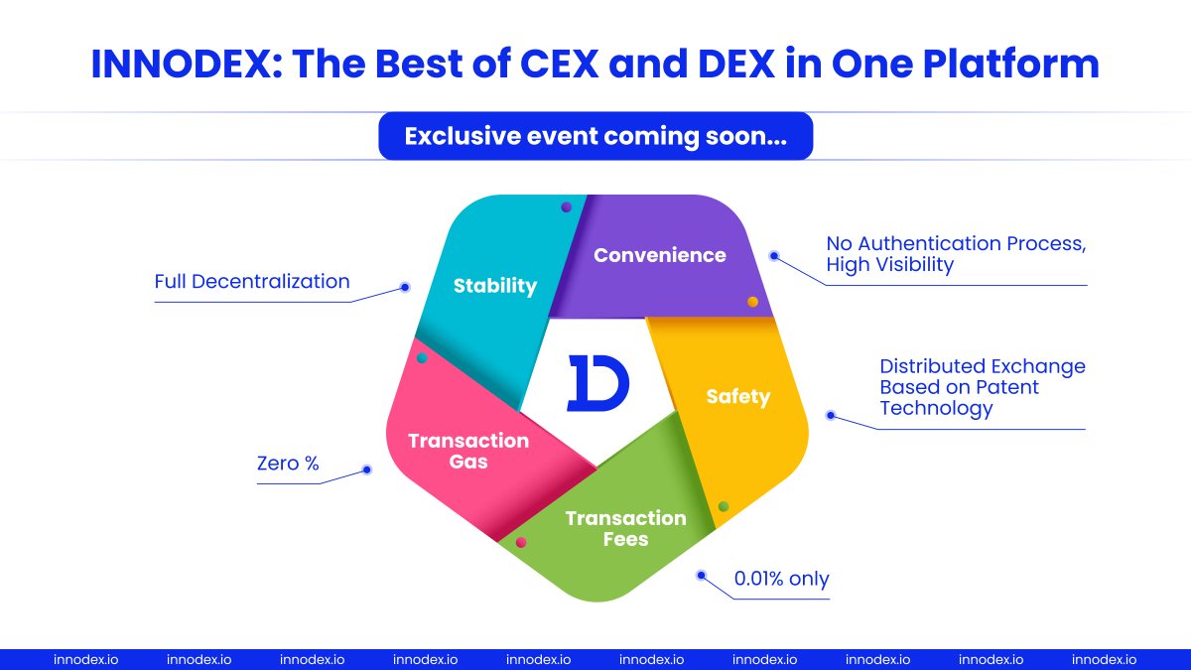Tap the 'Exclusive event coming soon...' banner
595,137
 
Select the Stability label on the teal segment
495,286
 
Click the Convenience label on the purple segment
660,255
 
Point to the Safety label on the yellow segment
737,397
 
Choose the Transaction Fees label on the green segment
625,529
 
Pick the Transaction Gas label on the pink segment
468,451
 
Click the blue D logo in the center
597,382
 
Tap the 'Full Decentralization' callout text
252,282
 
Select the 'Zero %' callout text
288,464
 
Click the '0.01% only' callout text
781,579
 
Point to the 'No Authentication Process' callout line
956,243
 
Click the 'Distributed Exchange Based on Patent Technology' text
983,387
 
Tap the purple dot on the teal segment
566,207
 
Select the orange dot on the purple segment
752,302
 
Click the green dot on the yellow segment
724,506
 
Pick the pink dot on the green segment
521,543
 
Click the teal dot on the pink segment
422,357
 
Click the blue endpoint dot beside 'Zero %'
366,469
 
